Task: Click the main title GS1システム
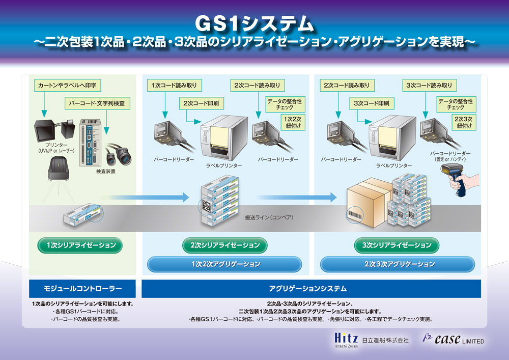click(254, 24)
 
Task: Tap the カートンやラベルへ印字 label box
click(67, 86)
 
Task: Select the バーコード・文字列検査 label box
click(97, 103)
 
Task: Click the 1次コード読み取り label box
click(174, 86)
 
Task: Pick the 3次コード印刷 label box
click(372, 103)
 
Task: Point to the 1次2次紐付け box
click(293, 122)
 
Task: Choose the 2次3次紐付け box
click(464, 122)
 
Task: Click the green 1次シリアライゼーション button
click(80, 245)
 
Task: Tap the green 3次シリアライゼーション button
click(397, 245)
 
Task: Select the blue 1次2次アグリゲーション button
click(224, 264)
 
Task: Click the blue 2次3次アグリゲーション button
click(398, 264)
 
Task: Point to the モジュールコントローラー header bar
click(82, 289)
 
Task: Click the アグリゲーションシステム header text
click(308, 289)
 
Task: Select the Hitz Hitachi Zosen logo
click(346, 340)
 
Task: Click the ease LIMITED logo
click(453, 339)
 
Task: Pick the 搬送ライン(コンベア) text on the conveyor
click(269, 217)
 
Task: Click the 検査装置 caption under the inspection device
click(105, 171)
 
